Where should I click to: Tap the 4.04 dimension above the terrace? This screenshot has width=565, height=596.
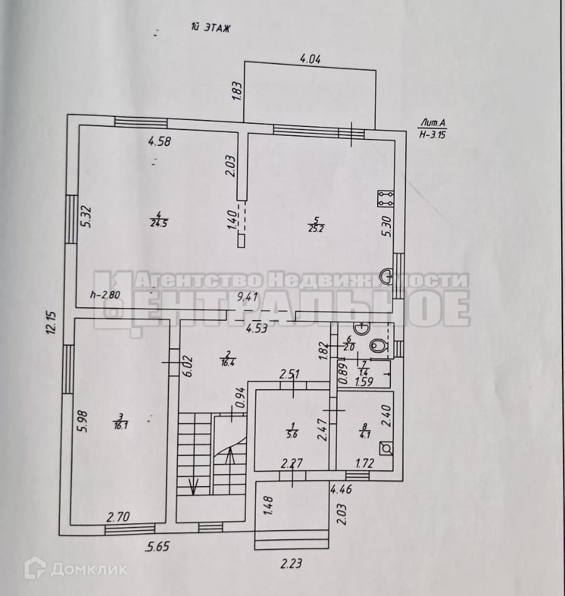coord(310,60)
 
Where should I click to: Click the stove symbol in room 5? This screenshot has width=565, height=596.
coord(385,199)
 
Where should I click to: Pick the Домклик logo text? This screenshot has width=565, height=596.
coord(88,570)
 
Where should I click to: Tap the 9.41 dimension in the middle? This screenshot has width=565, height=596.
coord(247,296)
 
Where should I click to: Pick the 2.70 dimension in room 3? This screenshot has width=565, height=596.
coord(118,517)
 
